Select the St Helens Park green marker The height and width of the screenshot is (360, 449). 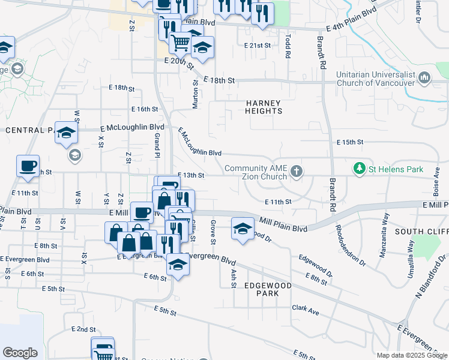(360, 169)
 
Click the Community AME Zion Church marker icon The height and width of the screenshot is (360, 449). (295, 172)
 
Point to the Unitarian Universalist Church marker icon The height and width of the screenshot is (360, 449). (425, 77)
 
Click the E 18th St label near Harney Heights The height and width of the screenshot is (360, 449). (218, 80)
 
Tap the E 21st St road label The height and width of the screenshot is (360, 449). (258, 46)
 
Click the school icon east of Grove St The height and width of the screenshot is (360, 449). (242, 229)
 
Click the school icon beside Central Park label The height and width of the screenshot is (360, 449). (66, 133)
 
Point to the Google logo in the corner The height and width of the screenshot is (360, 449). (20, 353)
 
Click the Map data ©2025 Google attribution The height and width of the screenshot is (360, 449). (412, 355)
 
